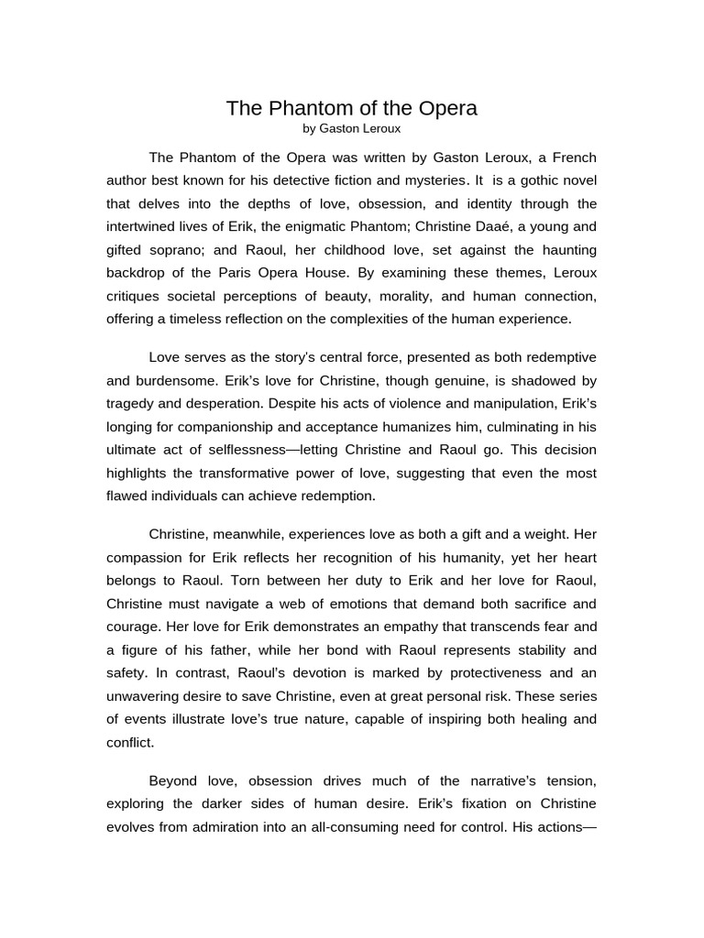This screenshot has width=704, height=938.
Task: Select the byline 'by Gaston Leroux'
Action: pos(352,129)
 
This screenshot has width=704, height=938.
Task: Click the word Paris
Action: pos(266,273)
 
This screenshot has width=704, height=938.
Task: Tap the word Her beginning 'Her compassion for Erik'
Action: pos(584,534)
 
